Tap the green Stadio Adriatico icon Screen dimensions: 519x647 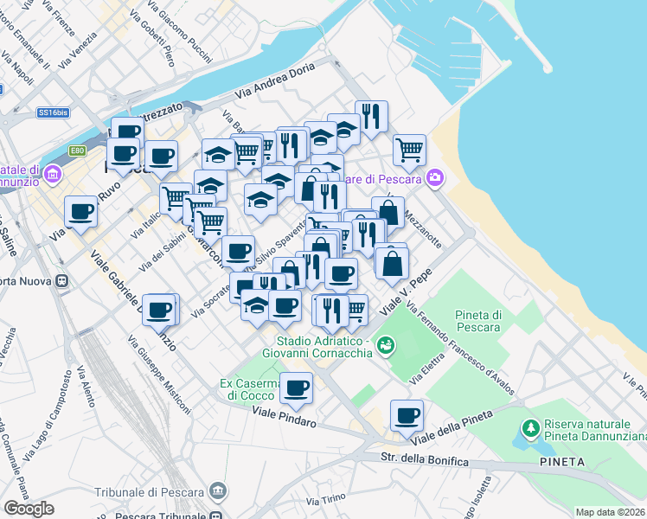[386, 346]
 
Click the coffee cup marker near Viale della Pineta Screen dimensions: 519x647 [406, 416]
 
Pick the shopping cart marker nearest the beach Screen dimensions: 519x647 [410, 149]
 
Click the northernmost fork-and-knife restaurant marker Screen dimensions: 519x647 [371, 116]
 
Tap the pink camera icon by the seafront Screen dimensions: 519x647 [434, 178]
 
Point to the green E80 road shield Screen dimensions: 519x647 [78, 151]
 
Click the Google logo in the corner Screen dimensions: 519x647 [29, 508]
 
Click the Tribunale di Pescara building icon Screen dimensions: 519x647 [216, 492]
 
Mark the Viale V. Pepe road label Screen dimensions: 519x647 [406, 295]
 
